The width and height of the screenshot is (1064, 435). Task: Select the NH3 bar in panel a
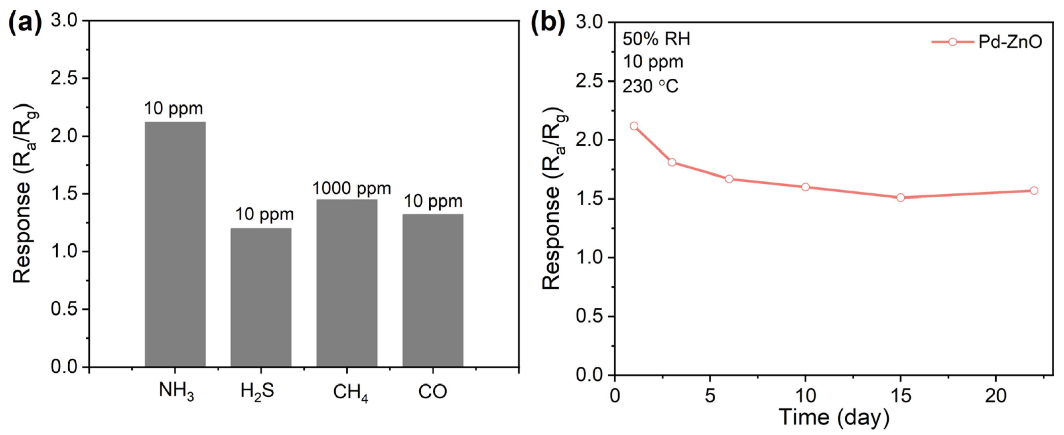175,244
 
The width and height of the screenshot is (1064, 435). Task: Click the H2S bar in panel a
261,297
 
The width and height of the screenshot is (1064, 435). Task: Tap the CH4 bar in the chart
347,283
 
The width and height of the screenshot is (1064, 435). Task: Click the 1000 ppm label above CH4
352,189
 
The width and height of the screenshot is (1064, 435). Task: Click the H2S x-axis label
257,391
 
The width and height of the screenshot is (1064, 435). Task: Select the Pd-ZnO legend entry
987,42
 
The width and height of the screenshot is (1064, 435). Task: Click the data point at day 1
634,126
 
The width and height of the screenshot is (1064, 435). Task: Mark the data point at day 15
901,198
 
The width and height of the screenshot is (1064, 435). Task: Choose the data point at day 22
1034,191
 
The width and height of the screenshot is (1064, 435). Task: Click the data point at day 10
805,187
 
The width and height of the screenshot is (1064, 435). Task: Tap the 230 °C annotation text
650,86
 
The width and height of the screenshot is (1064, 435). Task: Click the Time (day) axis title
834,417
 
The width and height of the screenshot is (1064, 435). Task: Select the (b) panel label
548,23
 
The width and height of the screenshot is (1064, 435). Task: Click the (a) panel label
25,23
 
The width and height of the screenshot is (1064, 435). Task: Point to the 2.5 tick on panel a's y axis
64,78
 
